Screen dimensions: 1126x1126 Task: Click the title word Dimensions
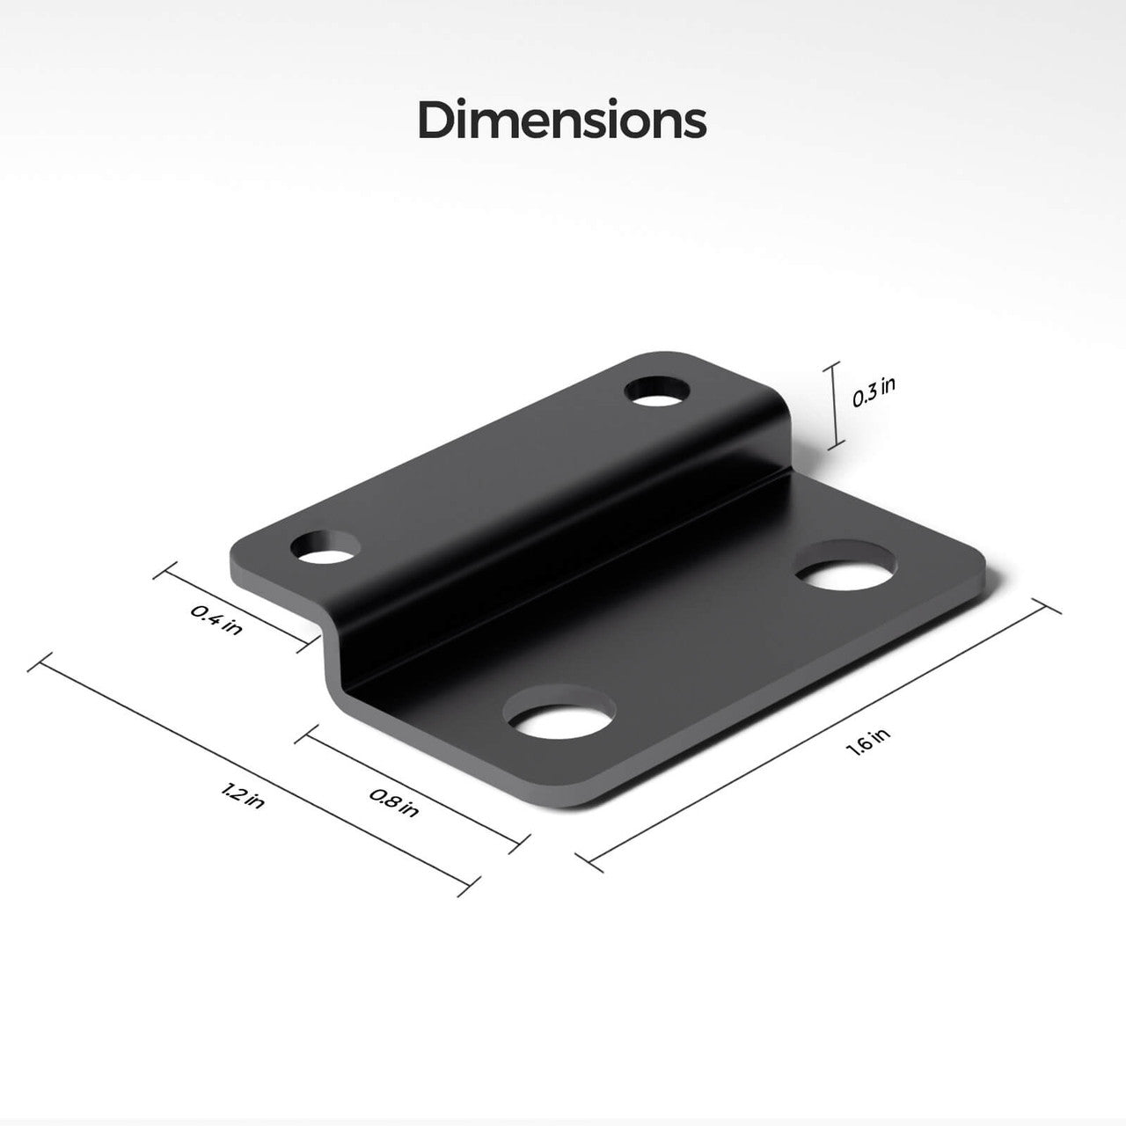click(561, 121)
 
